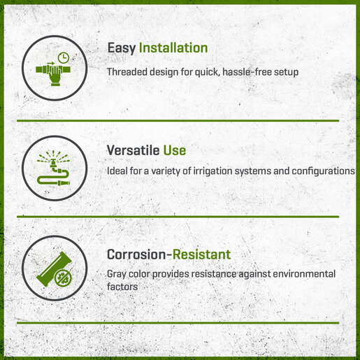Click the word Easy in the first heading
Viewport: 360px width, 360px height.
tap(122, 48)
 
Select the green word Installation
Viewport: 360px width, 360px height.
tap(173, 48)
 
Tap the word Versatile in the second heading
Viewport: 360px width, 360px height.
tap(133, 150)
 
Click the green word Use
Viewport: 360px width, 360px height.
tap(175, 150)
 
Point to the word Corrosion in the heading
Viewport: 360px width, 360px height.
tap(137, 254)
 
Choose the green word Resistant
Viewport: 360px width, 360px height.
tap(202, 254)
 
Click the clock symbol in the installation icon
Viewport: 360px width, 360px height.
tap(64, 58)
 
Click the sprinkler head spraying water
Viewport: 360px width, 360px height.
tap(53, 160)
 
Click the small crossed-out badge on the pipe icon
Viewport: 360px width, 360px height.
tap(63, 278)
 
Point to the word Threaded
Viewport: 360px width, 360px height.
tap(127, 72)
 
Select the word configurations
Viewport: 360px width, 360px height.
tap(324, 171)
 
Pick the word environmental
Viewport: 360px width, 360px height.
tap(304, 274)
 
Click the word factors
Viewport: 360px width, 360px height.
tap(122, 287)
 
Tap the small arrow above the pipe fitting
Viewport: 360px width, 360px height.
tap(51, 63)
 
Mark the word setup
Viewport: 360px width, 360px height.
tap(286, 72)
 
